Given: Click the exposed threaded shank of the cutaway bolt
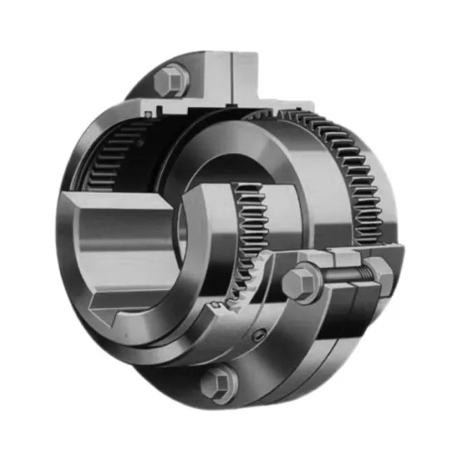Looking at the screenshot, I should tap(340, 274).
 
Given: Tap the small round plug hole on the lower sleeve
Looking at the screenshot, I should tap(259, 337).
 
